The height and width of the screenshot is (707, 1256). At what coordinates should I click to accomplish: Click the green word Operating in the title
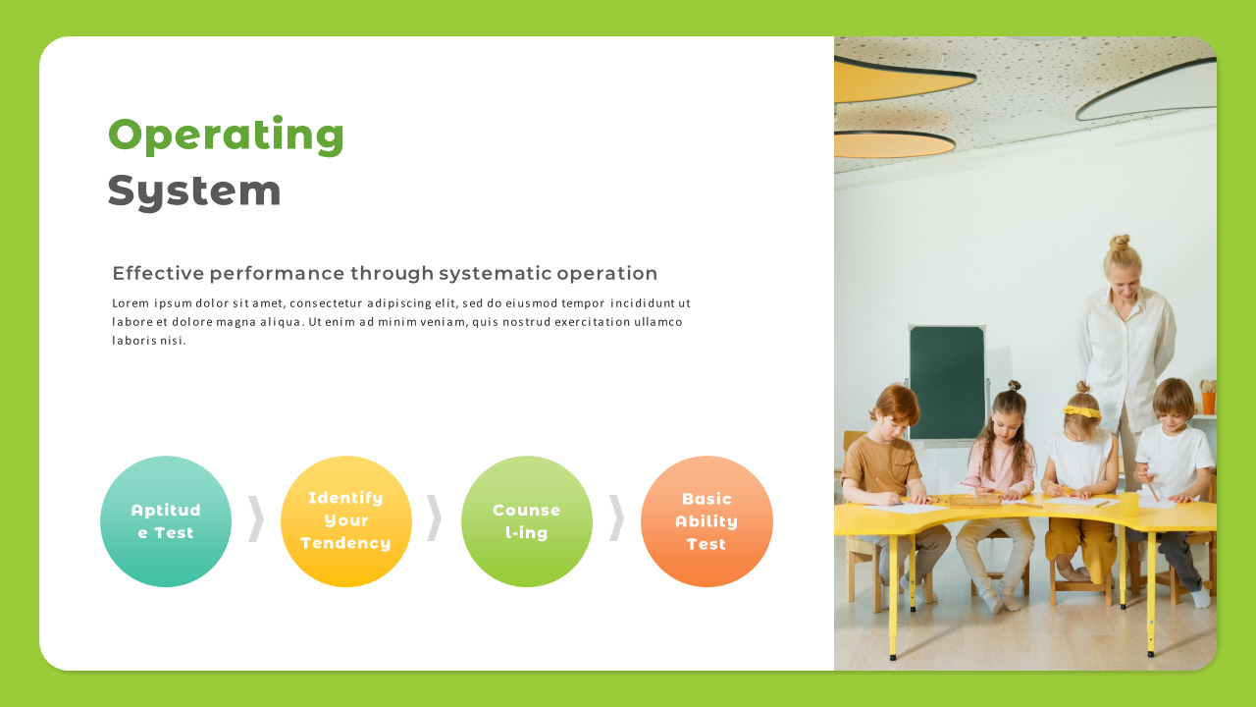[226, 135]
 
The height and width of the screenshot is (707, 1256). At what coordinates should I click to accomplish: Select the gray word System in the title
[194, 190]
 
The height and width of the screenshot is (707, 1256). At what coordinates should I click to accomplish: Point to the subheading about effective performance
[385, 273]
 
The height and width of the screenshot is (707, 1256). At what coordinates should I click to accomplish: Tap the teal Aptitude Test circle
[166, 521]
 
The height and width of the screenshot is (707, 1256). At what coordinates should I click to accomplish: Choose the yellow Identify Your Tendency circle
[346, 521]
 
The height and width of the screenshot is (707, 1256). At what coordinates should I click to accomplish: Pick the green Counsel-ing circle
[527, 521]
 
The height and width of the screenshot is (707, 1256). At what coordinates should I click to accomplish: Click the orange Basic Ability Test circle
[706, 521]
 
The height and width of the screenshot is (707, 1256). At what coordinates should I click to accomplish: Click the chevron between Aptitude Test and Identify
[256, 518]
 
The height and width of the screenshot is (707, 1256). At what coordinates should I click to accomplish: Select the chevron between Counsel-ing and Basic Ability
[616, 518]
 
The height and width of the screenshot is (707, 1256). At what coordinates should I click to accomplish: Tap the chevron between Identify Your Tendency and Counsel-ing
[435, 518]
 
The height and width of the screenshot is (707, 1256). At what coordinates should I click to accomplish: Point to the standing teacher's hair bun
[1120, 242]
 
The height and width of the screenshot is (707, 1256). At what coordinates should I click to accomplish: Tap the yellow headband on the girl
[1081, 411]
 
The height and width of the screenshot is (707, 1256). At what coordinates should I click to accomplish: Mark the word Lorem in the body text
[130, 303]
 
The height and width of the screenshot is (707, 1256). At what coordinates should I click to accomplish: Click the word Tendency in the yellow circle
[345, 543]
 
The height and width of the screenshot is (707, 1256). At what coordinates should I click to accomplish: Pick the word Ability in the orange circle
[706, 521]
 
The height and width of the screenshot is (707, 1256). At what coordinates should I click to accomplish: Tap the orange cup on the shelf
[1208, 402]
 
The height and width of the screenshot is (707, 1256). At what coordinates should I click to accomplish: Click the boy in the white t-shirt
[1176, 452]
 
